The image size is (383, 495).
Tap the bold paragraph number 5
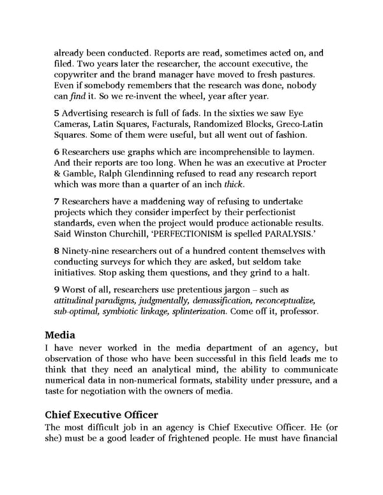[x=56, y=112]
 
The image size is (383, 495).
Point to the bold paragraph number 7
[x=56, y=201]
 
